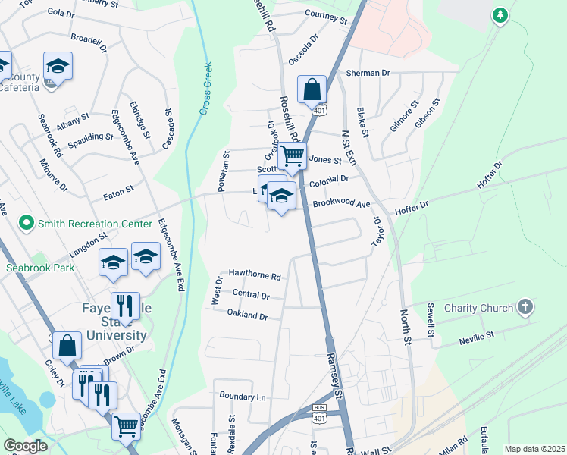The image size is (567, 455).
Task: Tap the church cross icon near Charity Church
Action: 525,307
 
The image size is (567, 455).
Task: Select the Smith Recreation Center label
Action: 80,224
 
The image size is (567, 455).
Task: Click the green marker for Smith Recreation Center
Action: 27,223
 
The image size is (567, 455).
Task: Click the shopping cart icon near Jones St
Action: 292,157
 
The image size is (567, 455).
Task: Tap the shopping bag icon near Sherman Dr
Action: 312,89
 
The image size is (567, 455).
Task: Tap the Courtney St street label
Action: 325,14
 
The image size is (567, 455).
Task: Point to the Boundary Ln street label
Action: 243,397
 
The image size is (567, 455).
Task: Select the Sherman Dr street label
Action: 368,73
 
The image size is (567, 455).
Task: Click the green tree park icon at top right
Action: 500,15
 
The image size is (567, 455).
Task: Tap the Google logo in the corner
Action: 26,446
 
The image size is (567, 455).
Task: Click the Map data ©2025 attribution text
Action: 534,449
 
